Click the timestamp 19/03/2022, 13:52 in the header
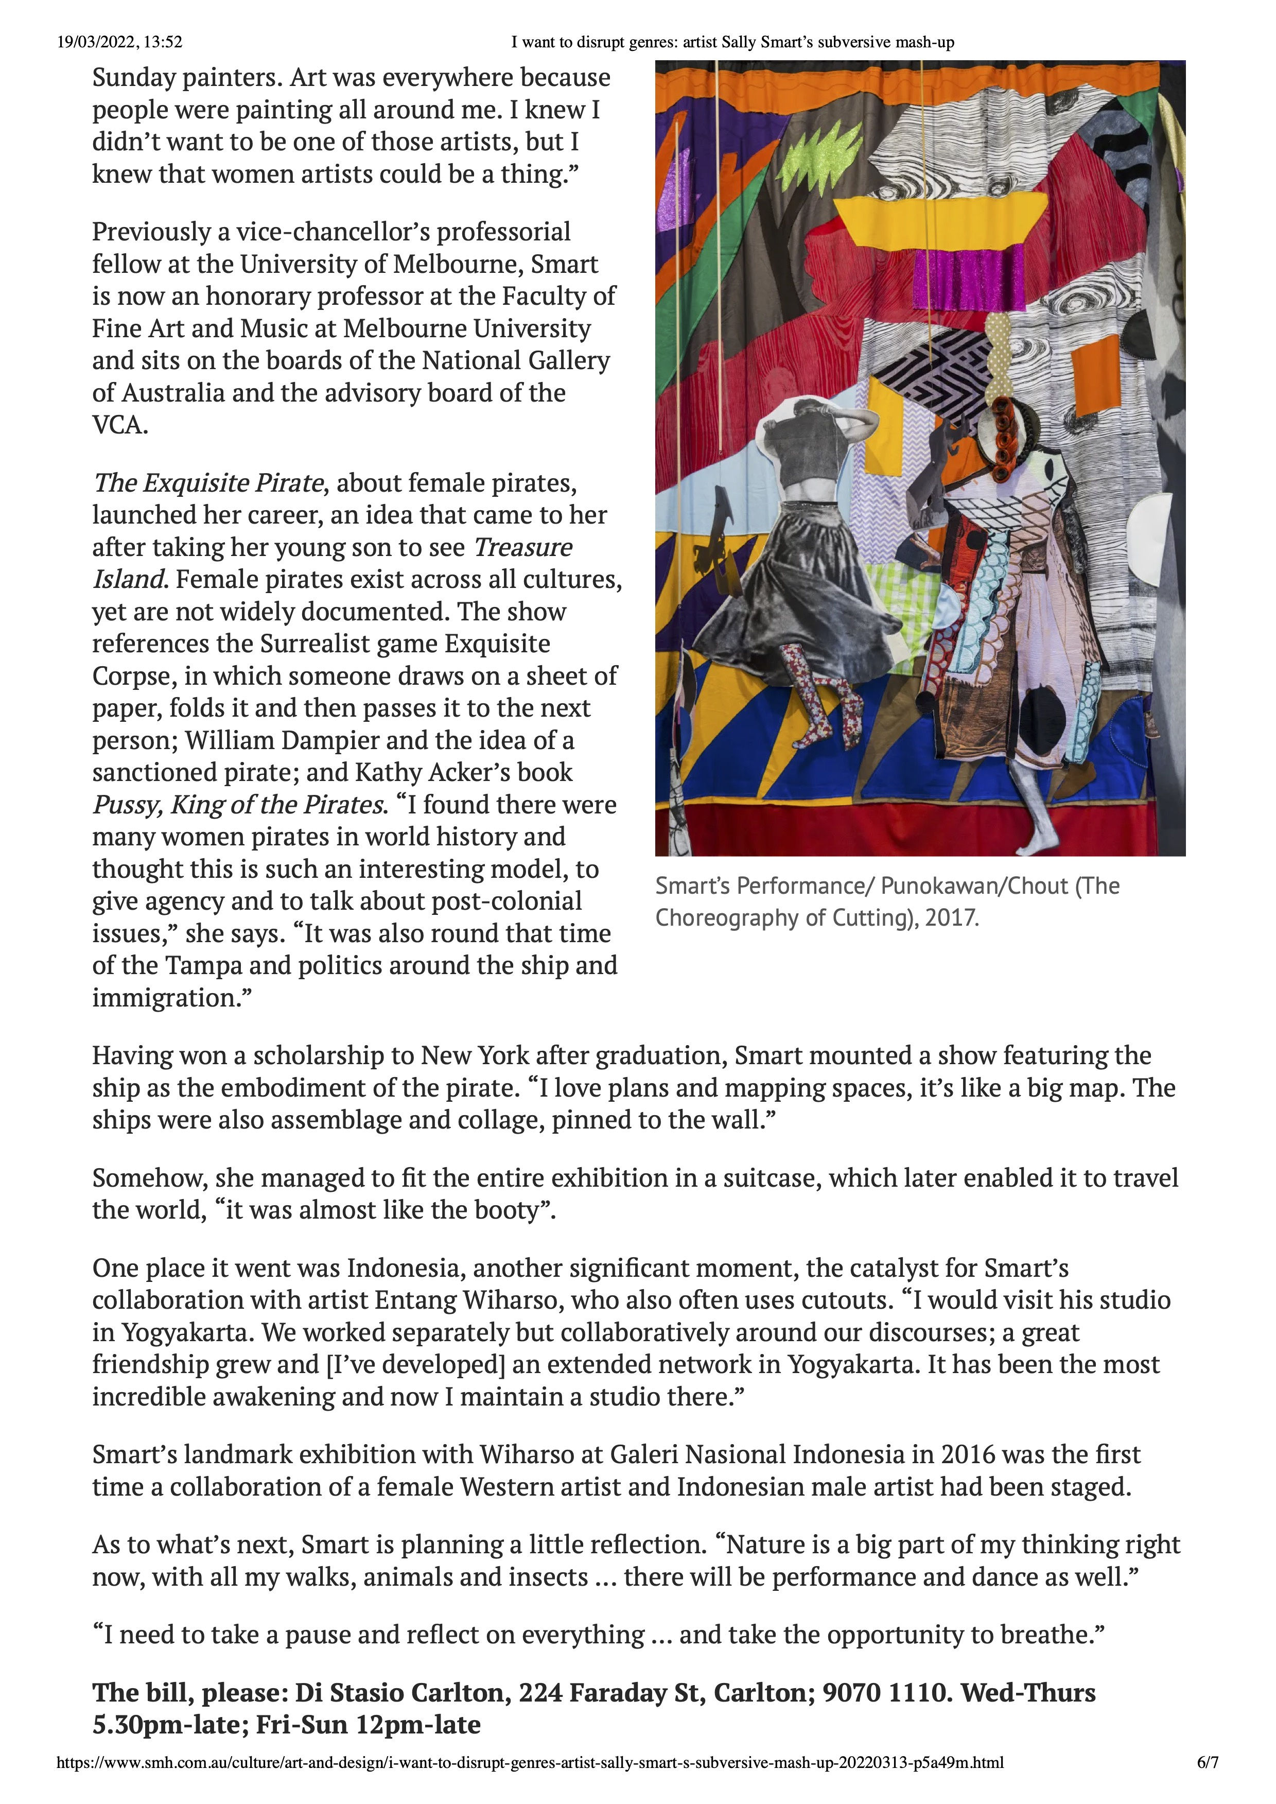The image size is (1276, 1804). pos(119,42)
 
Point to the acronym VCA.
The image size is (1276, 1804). pos(119,425)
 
